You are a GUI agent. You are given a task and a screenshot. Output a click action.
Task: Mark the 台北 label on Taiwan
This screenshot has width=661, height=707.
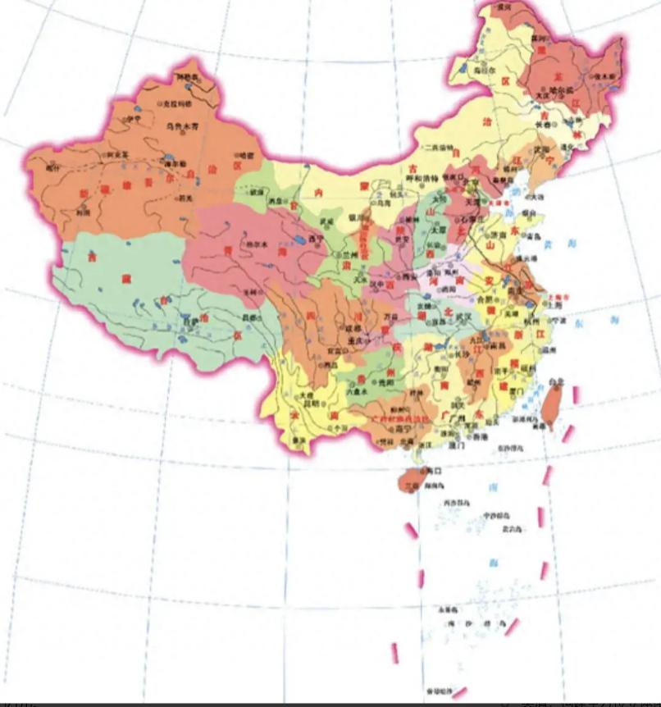(x=557, y=382)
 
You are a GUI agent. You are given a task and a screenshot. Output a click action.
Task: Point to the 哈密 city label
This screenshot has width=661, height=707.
(x=245, y=155)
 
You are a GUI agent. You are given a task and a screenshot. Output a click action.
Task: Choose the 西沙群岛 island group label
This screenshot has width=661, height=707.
(x=456, y=502)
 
